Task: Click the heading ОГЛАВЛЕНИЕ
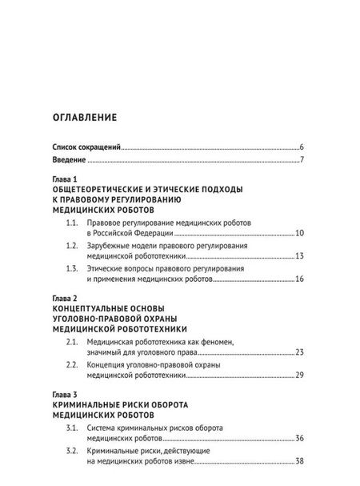pos(84,118)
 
